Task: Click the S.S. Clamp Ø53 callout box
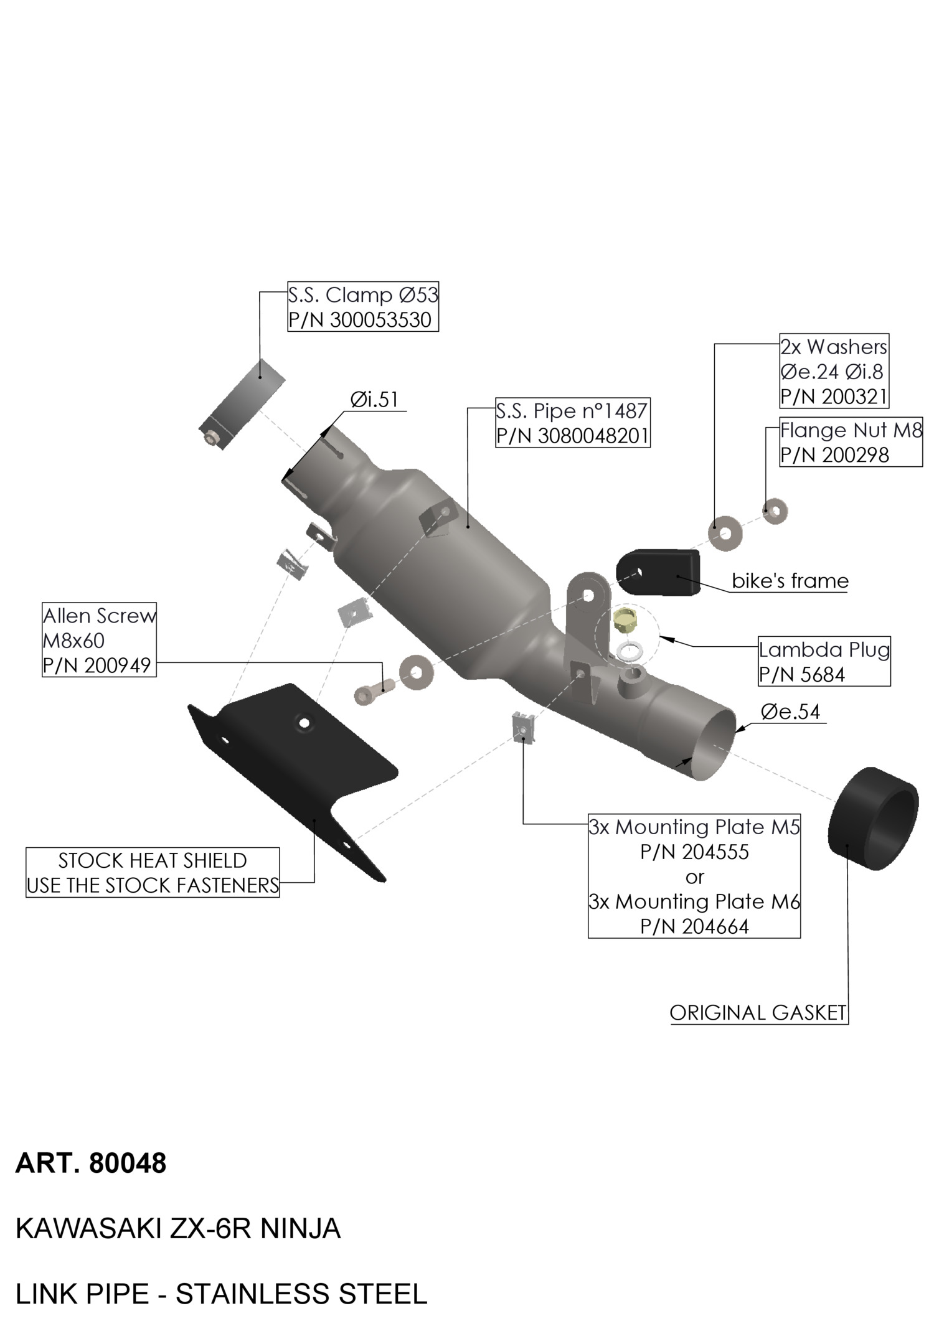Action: (x=362, y=308)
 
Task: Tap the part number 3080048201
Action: (x=593, y=436)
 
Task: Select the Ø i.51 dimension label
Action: (x=374, y=400)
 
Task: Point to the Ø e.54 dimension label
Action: (x=790, y=712)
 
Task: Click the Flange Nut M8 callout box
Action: (x=850, y=443)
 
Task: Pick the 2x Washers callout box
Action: (x=833, y=372)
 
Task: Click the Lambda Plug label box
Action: (x=823, y=662)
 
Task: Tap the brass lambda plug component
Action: (x=623, y=621)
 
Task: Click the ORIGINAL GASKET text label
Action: (x=758, y=1013)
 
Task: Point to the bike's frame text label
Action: (x=790, y=581)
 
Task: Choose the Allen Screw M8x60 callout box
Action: (x=99, y=640)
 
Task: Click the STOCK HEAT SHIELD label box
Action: (x=153, y=873)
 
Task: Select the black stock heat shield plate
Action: (x=293, y=766)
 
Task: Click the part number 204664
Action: (x=715, y=927)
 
